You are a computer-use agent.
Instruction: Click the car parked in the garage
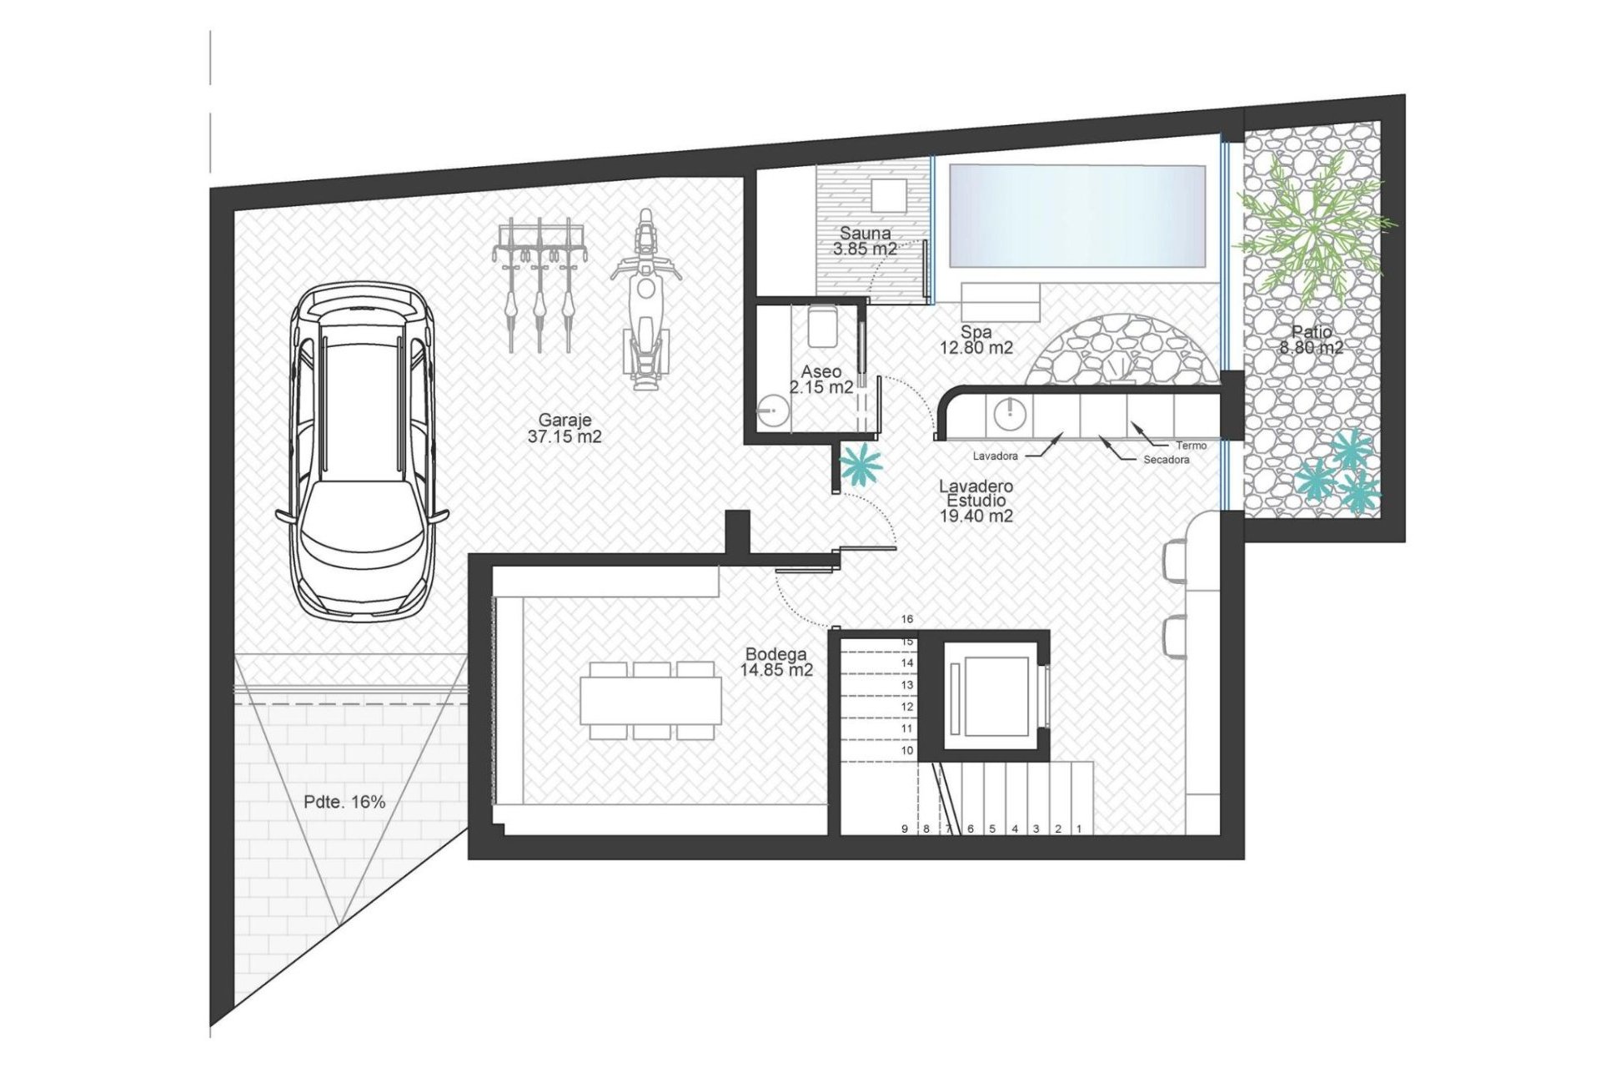point(359,451)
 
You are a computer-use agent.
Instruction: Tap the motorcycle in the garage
point(643,300)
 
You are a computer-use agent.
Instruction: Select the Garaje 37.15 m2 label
point(565,429)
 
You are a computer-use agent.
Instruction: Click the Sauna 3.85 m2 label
point(865,241)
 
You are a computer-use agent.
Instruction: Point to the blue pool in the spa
point(1077,215)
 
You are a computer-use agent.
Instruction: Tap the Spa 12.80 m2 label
point(976,340)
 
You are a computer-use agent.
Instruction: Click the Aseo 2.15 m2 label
point(821,379)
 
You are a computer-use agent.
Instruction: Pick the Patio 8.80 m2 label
point(1312,340)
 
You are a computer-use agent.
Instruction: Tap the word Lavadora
point(995,456)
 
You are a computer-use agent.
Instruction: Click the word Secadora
point(1167,460)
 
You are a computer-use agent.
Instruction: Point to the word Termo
point(1192,446)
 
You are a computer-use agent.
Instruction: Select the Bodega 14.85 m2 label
point(775,662)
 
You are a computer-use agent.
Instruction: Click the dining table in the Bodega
point(651,701)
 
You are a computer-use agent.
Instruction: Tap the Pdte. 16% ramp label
point(344,802)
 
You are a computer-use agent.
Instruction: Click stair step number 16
point(907,619)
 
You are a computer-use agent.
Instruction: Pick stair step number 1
point(1079,829)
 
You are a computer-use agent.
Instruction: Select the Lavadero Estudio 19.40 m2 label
point(976,501)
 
